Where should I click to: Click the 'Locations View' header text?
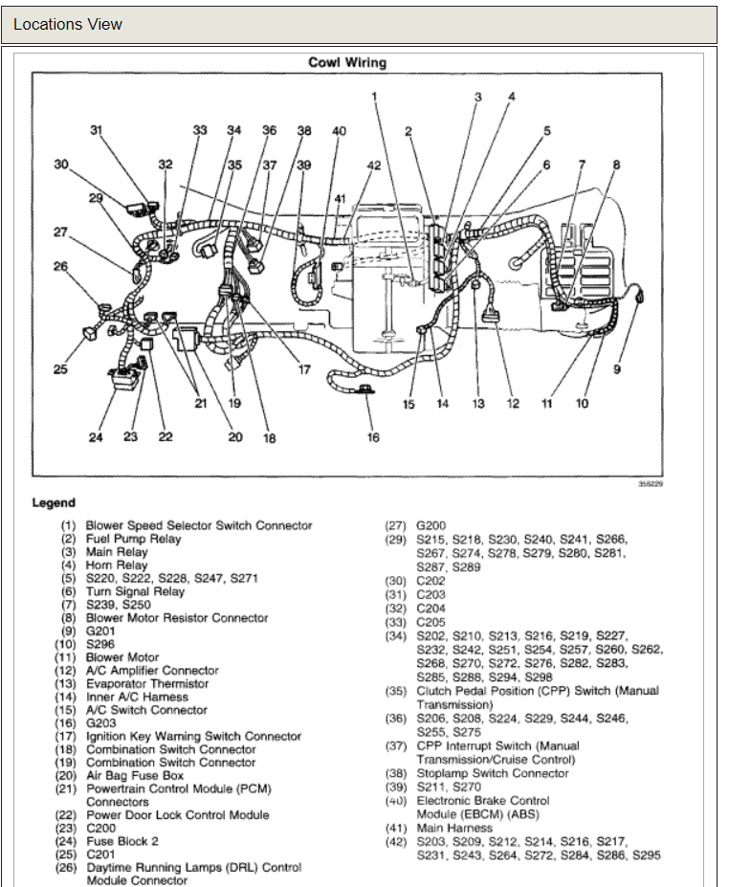click(68, 24)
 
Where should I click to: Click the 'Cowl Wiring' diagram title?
click(347, 63)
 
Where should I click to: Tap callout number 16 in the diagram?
click(373, 437)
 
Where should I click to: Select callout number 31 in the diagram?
click(96, 130)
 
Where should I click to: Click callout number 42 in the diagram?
click(374, 165)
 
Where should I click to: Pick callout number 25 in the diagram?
click(60, 369)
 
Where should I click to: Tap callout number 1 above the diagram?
click(374, 96)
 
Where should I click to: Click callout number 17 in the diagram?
click(304, 369)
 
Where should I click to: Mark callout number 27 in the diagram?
click(60, 233)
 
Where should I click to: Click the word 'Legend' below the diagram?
click(54, 502)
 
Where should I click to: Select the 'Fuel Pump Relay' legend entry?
click(133, 539)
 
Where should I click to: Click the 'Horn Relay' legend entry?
click(117, 565)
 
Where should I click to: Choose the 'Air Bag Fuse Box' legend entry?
click(134, 776)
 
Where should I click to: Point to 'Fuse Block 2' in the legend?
click(121, 841)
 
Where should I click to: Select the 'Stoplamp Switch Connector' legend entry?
click(492, 773)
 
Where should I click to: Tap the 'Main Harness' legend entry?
click(454, 828)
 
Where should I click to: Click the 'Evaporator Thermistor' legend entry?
click(146, 684)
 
